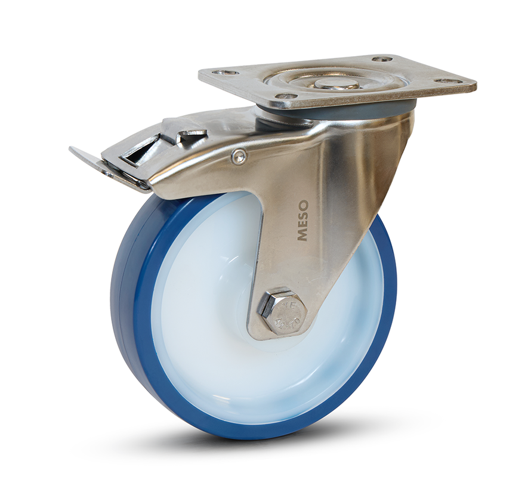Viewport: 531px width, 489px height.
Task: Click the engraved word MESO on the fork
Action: (x=302, y=221)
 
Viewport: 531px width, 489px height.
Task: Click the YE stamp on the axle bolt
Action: (x=286, y=305)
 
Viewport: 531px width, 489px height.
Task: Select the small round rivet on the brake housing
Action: (x=239, y=157)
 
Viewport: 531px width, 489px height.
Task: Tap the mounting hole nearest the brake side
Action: (x=225, y=73)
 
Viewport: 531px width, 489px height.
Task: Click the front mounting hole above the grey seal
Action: (x=286, y=96)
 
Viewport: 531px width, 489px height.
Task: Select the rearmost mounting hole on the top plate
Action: (x=382, y=59)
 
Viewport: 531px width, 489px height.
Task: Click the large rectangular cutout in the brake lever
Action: (x=138, y=153)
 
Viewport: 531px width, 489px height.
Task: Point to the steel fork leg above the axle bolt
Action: (x=322, y=250)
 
